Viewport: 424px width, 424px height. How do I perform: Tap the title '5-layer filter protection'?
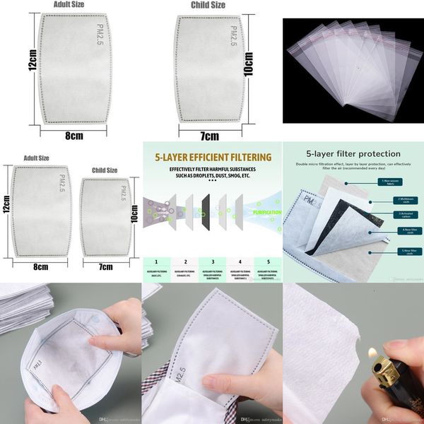point(353,153)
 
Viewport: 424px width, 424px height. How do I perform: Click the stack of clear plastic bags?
point(350,71)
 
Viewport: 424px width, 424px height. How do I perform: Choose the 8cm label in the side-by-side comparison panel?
point(40,266)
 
